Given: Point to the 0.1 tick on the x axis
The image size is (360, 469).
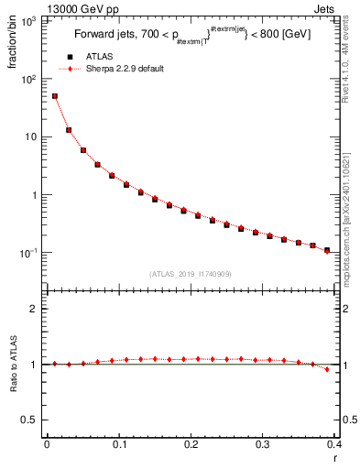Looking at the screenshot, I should pyautogui.click(x=118, y=444).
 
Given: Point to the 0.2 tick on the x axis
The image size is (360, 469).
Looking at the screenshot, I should pyautogui.click(x=191, y=444).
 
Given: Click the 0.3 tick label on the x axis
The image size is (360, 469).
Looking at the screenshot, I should pyautogui.click(x=263, y=444).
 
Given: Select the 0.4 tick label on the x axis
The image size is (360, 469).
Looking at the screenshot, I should pyautogui.click(x=333, y=444).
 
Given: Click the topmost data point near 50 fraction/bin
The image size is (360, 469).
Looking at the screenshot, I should pyautogui.click(x=54, y=96).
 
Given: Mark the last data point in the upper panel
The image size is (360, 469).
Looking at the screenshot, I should pyautogui.click(x=327, y=250).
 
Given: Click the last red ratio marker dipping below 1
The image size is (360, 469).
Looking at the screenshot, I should pyautogui.click(x=327, y=369).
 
